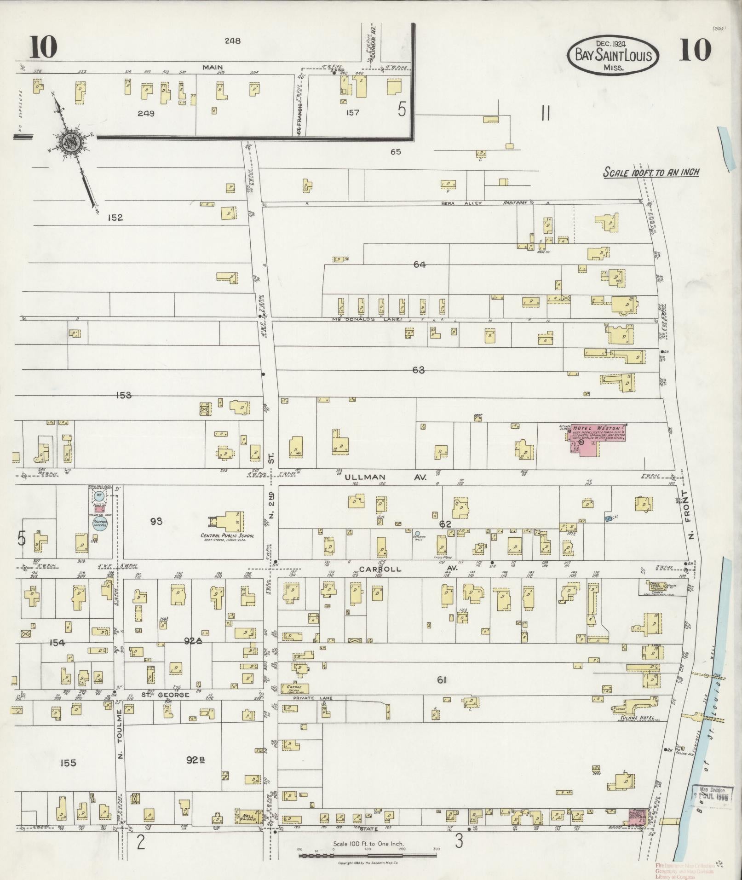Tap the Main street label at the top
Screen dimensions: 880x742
213,68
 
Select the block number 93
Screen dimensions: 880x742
156,521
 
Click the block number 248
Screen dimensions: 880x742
233,40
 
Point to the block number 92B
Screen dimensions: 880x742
195,760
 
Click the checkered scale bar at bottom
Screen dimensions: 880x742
367,856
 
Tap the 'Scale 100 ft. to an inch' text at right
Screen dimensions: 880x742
651,173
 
